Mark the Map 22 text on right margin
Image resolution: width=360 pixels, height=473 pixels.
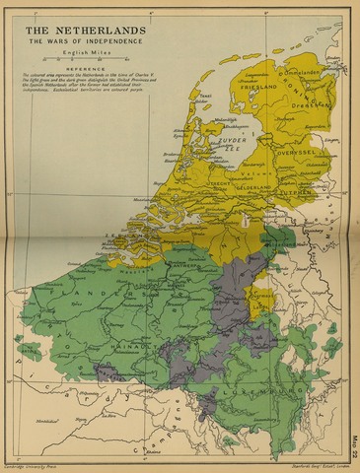tap(353, 447)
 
